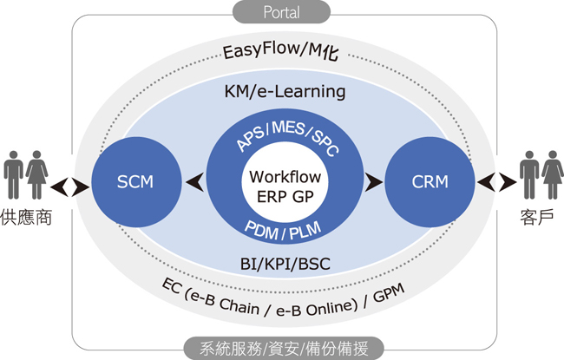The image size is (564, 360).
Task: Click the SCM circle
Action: (134, 181)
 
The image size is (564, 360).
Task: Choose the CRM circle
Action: (430, 181)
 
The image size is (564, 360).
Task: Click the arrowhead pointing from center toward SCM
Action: (196, 181)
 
